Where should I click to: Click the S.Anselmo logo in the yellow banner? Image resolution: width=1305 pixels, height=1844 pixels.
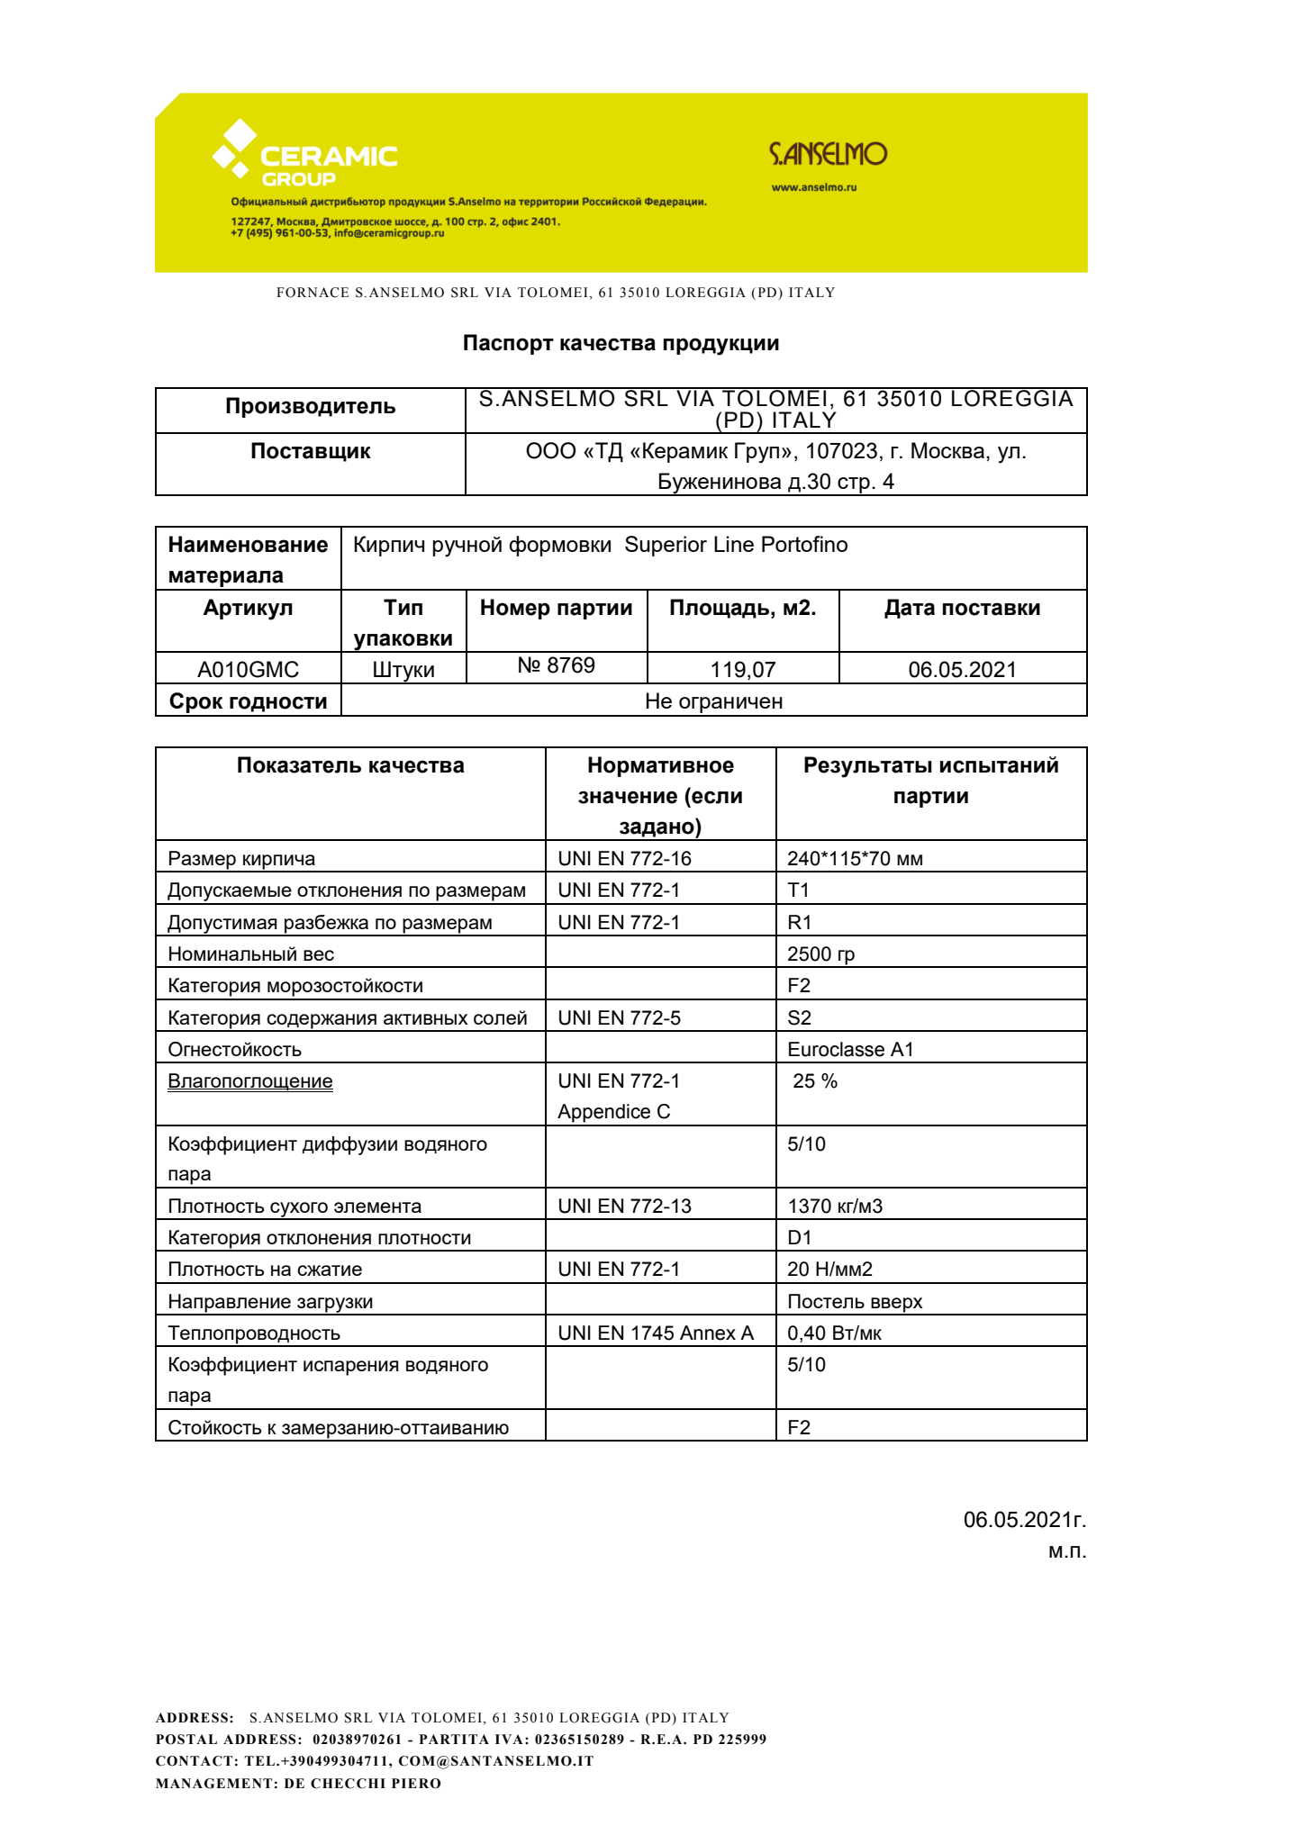[828, 154]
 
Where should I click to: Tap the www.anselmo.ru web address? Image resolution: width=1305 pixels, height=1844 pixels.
[813, 187]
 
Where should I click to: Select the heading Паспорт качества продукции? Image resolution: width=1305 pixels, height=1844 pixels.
[621, 343]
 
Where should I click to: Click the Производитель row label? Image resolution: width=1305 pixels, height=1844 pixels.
[310, 406]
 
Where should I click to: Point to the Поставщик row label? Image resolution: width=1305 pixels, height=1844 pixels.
[310, 451]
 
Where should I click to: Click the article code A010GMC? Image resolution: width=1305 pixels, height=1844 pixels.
[248, 669]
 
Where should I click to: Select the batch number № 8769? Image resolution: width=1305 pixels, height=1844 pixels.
[556, 665]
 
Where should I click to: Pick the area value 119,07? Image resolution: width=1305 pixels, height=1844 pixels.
[742, 669]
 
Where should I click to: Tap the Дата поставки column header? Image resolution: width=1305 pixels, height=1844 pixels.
[961, 608]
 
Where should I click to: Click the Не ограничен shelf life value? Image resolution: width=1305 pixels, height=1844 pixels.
[713, 701]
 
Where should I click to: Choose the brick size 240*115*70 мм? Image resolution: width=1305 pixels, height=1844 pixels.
[854, 858]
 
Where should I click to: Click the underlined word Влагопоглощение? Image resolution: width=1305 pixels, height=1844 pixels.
[249, 1080]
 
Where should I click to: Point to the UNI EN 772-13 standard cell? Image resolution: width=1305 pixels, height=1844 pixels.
[624, 1206]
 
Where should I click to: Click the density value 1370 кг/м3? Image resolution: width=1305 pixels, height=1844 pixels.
[834, 1206]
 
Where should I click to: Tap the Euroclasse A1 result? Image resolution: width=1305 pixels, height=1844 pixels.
[849, 1049]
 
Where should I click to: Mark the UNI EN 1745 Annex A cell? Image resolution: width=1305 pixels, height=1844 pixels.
[655, 1333]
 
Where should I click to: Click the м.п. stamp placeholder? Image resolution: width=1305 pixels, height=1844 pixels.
[1066, 1550]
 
